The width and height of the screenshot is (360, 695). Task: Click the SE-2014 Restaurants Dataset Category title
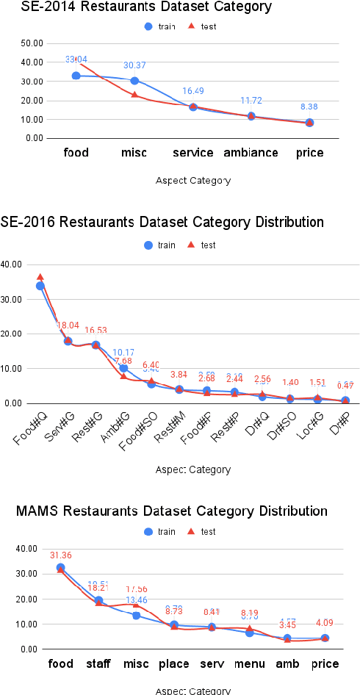136,7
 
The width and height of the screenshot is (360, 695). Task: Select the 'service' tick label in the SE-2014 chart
192,153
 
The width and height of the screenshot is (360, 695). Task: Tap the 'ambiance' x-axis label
251,153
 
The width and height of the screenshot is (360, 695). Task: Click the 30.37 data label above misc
134,65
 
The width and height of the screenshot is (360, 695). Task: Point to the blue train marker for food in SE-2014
76,76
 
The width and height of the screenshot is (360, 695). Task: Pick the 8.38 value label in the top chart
309,107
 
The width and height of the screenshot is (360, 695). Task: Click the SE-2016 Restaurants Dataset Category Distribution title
162,222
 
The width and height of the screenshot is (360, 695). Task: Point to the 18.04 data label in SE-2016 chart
68,325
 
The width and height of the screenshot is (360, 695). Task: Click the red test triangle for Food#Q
40,277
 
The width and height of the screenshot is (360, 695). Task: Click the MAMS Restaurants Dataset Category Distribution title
171,511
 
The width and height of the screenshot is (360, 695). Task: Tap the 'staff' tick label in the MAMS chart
98,664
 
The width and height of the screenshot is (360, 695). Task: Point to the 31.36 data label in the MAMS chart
61,555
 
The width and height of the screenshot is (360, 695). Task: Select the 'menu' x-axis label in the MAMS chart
249,664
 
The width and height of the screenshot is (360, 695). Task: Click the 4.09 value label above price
325,624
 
